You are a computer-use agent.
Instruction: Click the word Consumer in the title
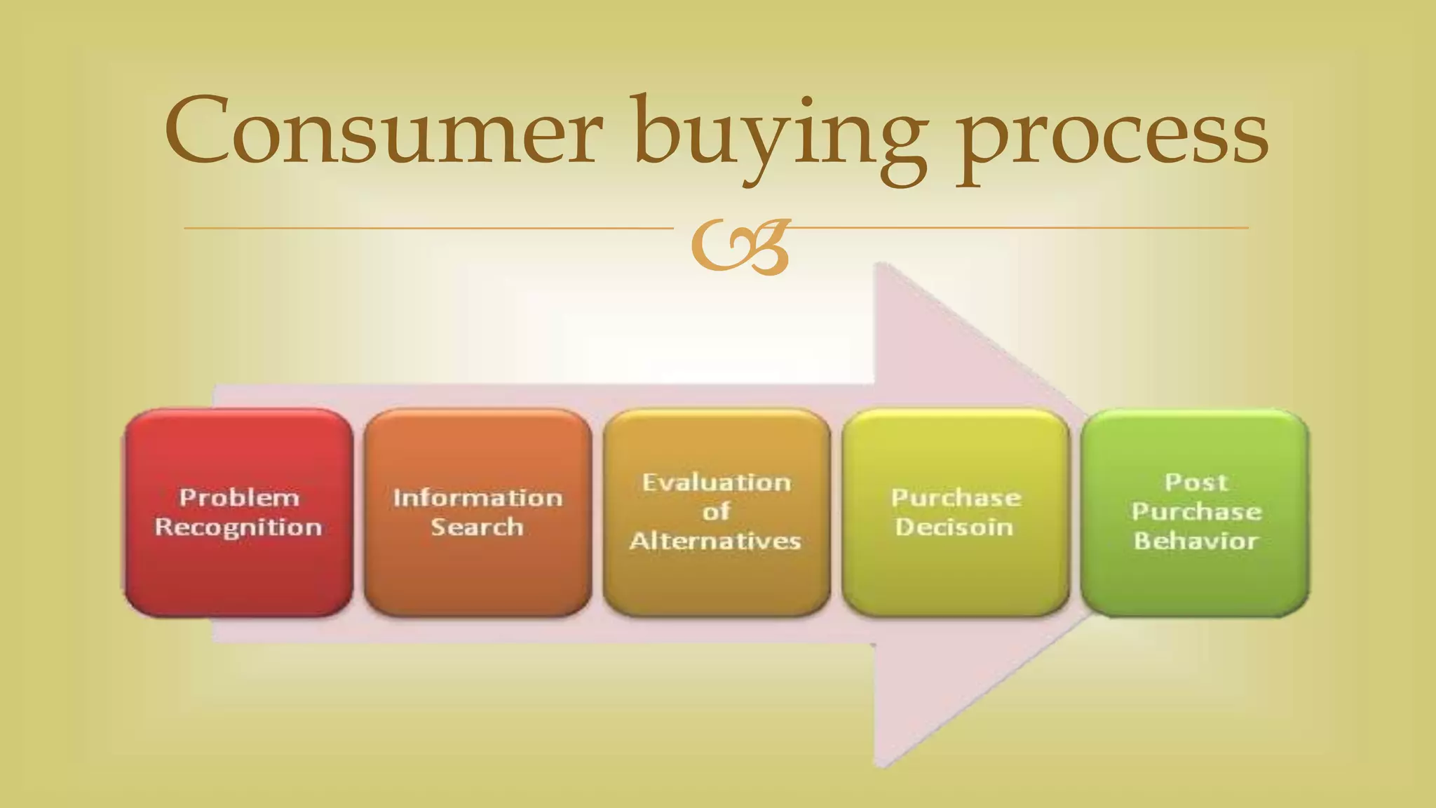click(x=384, y=131)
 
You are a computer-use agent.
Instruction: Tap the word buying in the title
click(x=780, y=137)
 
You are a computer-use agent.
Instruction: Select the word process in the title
click(x=1113, y=137)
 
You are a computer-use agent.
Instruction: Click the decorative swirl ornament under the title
click(x=740, y=245)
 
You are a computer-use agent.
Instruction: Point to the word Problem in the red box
click(x=239, y=497)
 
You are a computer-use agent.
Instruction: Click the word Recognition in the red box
click(x=238, y=527)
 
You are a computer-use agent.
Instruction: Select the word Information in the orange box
click(x=477, y=497)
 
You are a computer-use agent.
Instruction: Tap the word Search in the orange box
click(x=477, y=527)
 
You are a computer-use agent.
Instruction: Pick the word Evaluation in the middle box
click(x=717, y=482)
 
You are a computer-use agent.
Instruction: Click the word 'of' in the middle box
click(x=716, y=511)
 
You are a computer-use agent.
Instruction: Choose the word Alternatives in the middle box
click(x=715, y=541)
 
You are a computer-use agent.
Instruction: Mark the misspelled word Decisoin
click(x=954, y=527)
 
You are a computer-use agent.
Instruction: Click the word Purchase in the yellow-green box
click(x=956, y=497)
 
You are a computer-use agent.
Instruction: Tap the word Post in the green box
click(x=1196, y=482)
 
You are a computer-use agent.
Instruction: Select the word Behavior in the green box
click(x=1196, y=541)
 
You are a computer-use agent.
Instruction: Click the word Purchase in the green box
click(x=1196, y=511)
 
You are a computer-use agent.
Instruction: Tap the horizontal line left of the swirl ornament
click(x=428, y=228)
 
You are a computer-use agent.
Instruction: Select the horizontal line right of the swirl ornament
click(x=1017, y=227)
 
